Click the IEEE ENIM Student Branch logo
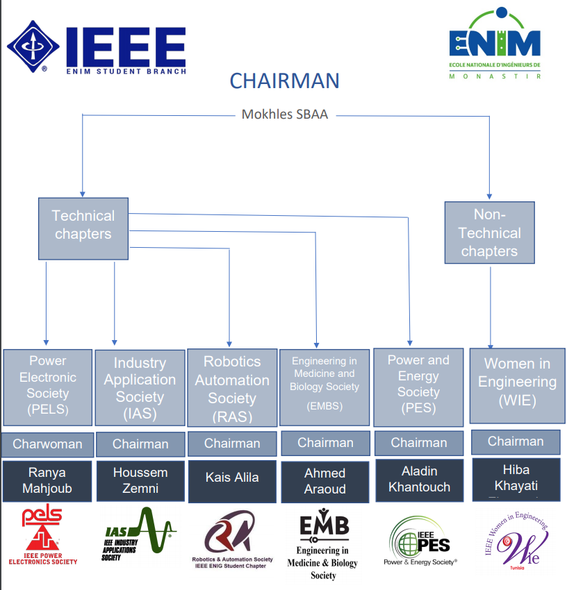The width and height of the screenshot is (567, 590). coord(97,48)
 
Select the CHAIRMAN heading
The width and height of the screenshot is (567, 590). coord(284,81)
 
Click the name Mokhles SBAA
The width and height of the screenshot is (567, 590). coord(284,115)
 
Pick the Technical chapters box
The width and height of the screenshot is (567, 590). coord(83,225)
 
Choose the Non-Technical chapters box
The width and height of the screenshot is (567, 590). coord(489,233)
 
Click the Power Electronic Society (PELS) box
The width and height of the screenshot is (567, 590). coord(48,387)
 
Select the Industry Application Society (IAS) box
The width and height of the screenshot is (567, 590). coord(140,388)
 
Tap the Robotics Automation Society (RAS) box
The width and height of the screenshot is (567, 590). coord(232,388)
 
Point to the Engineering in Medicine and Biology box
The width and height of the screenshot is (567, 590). coord(324,387)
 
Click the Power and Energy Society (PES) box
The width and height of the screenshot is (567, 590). coord(418,387)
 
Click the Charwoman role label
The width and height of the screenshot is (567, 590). coord(47,444)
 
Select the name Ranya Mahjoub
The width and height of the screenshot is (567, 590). coord(47,480)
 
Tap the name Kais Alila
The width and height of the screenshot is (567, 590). coord(232,478)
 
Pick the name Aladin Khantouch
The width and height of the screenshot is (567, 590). coord(419,480)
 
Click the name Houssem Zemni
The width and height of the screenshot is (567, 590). coord(140,480)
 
